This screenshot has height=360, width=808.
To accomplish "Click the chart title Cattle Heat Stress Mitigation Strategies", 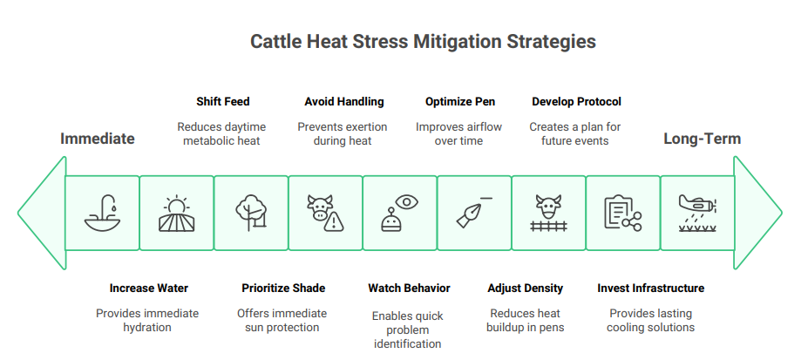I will point(423,41).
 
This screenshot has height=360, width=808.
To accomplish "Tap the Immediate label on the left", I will point(97,139).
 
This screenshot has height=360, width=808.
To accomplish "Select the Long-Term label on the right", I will point(702,139).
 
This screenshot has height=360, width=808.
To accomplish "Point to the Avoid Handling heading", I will point(343,101).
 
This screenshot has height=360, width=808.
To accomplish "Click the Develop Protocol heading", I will point(576,101).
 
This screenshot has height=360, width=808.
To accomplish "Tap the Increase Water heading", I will point(148,288).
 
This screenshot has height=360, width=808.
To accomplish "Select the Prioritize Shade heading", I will point(282,288).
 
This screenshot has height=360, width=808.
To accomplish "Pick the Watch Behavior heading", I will point(409,288).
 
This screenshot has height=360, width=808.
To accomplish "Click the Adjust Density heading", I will point(525,288).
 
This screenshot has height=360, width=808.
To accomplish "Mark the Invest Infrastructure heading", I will point(650,288).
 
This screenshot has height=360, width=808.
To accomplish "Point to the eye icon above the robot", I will point(408,202).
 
